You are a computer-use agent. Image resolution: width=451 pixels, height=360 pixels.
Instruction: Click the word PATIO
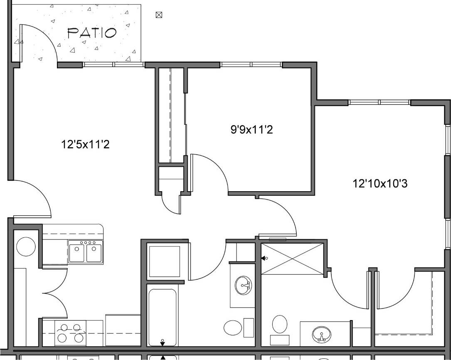click(x=92, y=33)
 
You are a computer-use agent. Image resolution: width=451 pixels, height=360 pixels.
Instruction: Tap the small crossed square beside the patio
click(x=158, y=15)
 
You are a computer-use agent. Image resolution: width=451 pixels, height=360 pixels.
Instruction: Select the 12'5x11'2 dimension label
click(x=85, y=145)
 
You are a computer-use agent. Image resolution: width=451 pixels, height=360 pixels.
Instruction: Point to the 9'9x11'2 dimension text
click(x=251, y=130)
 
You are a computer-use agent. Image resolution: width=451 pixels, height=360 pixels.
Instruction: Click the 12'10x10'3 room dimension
click(x=380, y=183)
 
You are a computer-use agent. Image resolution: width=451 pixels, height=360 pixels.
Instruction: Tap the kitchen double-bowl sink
click(x=86, y=253)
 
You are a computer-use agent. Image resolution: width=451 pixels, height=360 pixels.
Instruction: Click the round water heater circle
click(x=26, y=246)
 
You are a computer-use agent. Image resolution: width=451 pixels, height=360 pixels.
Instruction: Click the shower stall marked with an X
click(x=293, y=259)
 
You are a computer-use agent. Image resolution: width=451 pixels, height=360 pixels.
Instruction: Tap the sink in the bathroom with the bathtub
click(x=243, y=286)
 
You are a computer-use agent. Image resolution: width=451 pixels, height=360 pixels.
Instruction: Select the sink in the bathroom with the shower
click(x=321, y=333)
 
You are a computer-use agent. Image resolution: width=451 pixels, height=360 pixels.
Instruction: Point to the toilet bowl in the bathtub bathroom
click(x=233, y=328)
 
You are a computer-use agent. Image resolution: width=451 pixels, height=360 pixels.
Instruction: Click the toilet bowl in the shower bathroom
click(x=280, y=324)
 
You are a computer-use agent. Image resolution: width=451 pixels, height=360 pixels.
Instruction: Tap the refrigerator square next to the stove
click(x=123, y=330)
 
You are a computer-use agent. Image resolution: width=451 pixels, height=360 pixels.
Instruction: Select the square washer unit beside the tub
click(x=165, y=261)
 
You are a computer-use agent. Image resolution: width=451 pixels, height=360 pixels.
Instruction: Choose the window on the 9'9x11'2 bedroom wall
click(x=251, y=64)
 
